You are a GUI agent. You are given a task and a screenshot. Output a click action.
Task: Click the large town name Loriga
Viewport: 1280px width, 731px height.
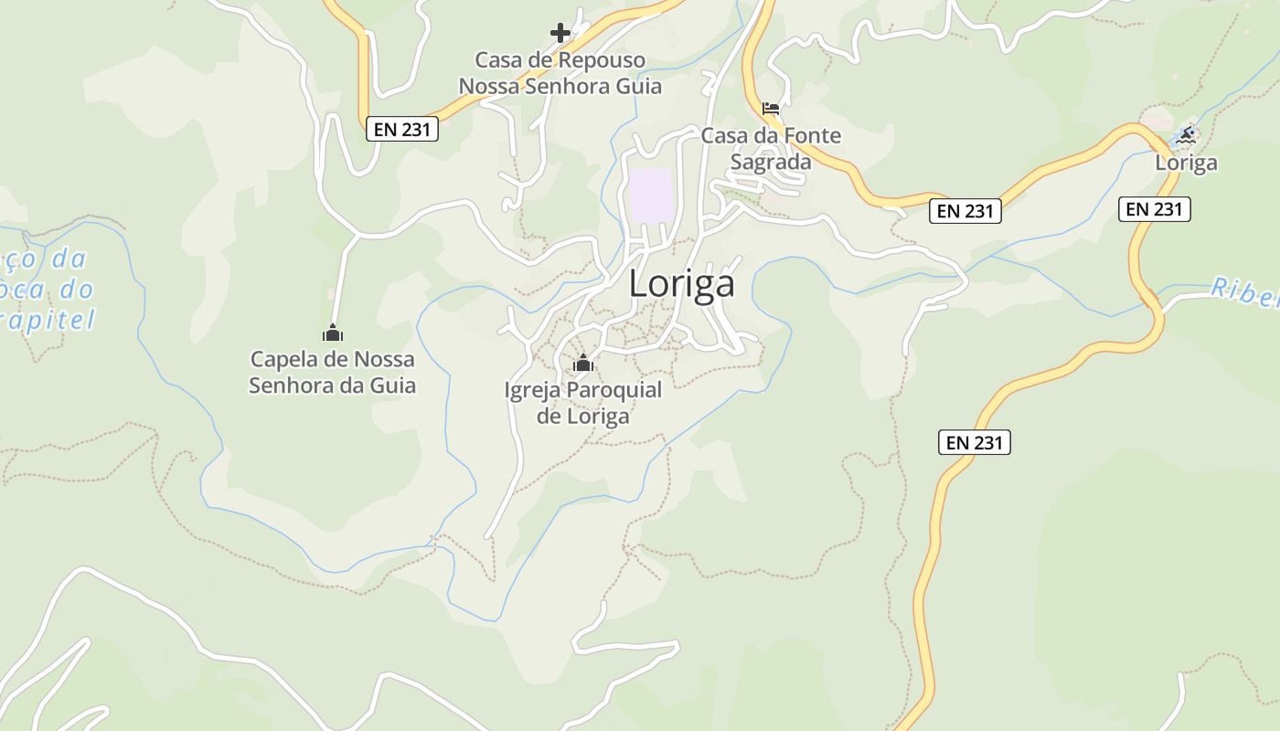click(681, 284)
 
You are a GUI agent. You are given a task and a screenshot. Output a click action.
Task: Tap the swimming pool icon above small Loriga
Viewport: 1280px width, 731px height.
click(1186, 136)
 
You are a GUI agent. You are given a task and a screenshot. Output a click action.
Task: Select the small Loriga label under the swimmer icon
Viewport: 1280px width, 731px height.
click(1186, 163)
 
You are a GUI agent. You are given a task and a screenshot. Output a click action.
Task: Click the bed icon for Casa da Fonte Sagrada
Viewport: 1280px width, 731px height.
click(771, 109)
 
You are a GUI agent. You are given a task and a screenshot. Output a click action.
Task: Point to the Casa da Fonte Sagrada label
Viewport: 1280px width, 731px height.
click(770, 149)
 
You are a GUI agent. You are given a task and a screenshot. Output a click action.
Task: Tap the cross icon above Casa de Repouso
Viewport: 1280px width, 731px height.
click(560, 34)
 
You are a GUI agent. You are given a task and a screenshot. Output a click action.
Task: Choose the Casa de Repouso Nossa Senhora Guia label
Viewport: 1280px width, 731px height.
click(560, 74)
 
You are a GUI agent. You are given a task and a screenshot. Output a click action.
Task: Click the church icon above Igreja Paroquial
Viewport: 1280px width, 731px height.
click(582, 364)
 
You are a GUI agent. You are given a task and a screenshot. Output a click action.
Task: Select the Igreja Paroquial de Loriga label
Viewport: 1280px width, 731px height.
click(582, 403)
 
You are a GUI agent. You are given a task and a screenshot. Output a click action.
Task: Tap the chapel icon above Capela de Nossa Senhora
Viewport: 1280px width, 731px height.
click(333, 333)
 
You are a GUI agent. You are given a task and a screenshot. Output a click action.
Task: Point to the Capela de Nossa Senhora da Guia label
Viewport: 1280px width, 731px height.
click(333, 372)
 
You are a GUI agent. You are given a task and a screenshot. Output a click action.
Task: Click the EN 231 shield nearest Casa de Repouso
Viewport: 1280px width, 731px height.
click(402, 130)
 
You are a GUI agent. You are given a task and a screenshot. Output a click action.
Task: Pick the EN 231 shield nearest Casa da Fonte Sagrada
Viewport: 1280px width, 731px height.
click(965, 211)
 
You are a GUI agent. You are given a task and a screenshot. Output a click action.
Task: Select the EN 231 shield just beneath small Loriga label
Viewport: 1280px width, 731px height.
click(1155, 209)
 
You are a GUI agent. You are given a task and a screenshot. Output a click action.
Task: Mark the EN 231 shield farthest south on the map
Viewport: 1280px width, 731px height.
click(975, 443)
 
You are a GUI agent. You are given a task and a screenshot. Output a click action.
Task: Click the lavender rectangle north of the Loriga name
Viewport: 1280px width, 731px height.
click(651, 195)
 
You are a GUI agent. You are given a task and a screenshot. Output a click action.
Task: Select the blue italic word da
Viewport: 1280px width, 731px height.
click(69, 260)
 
